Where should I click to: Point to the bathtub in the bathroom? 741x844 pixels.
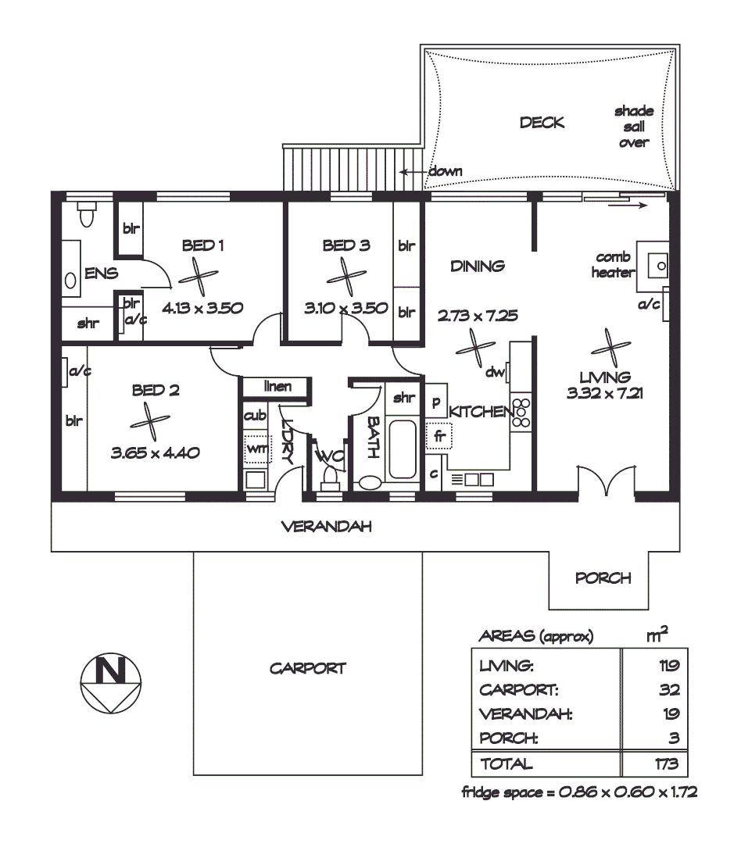(x=403, y=449)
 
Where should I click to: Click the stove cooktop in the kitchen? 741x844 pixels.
(x=521, y=413)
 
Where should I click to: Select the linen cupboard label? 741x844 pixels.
(x=277, y=387)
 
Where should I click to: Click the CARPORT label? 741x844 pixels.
(x=307, y=669)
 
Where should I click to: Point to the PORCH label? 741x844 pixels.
(x=603, y=578)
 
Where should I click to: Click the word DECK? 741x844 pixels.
(x=542, y=123)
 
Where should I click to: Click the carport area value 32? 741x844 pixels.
(x=668, y=690)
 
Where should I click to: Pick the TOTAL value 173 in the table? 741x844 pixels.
(x=667, y=764)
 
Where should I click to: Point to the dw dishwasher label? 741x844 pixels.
(x=494, y=373)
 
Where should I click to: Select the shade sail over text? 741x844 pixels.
(x=634, y=127)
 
